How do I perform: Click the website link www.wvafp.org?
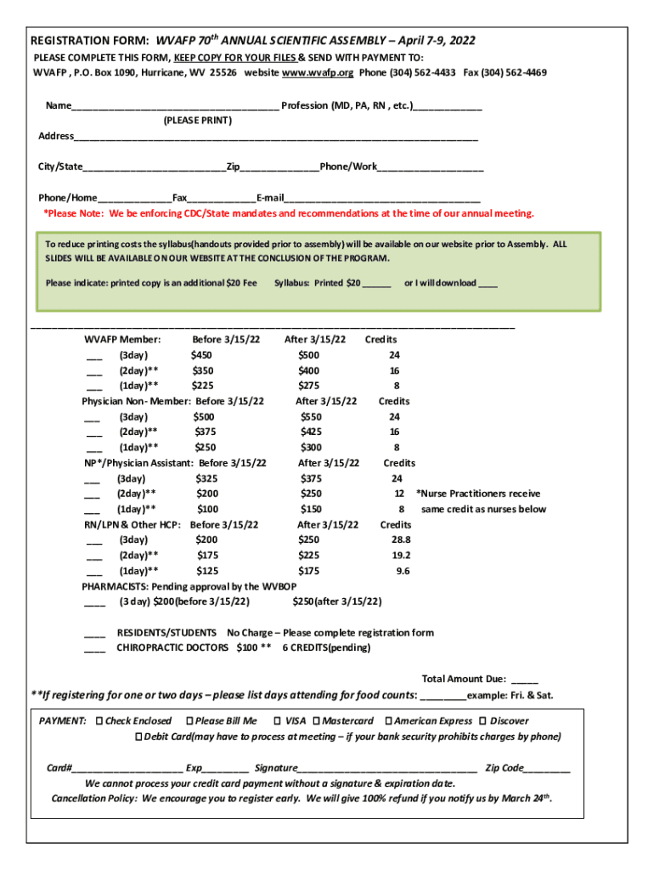(x=319, y=73)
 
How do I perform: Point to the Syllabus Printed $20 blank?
(x=376, y=285)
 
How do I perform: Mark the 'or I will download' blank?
(x=488, y=285)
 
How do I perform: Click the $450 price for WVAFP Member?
(x=202, y=355)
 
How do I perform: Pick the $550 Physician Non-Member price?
(x=311, y=417)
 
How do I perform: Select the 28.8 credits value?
(x=401, y=540)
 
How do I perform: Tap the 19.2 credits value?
(x=401, y=556)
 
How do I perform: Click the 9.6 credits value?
(x=403, y=572)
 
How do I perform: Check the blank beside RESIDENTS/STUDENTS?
(x=95, y=635)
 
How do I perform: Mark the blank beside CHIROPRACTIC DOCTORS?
(x=95, y=650)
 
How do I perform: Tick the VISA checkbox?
(x=277, y=721)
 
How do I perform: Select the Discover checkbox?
(x=483, y=721)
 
